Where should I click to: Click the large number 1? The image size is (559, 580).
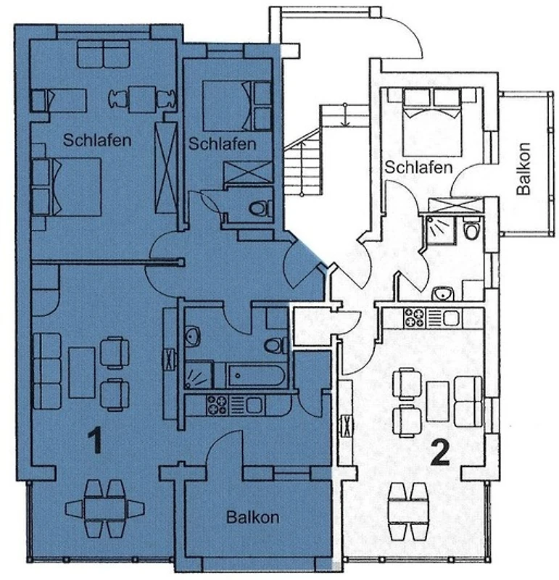point(96,440)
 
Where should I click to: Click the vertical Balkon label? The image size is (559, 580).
point(524,169)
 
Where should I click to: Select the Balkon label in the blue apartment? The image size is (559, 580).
point(253,517)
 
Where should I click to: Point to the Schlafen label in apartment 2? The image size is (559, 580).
point(418,167)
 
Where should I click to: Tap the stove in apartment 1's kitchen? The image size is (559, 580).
point(218,405)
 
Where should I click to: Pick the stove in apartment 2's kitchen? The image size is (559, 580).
point(414,318)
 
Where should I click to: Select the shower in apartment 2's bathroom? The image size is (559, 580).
point(440,230)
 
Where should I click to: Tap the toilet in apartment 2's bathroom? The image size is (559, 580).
point(471,228)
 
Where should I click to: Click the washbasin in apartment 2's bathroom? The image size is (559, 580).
point(442,294)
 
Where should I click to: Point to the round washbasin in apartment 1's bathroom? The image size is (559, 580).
point(192,336)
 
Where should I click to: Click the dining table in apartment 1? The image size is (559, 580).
point(105,509)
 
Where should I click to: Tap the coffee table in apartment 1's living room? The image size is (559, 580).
point(82,372)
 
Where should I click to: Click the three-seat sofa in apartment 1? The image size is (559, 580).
point(47,371)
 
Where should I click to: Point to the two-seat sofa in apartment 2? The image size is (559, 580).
point(468,402)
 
